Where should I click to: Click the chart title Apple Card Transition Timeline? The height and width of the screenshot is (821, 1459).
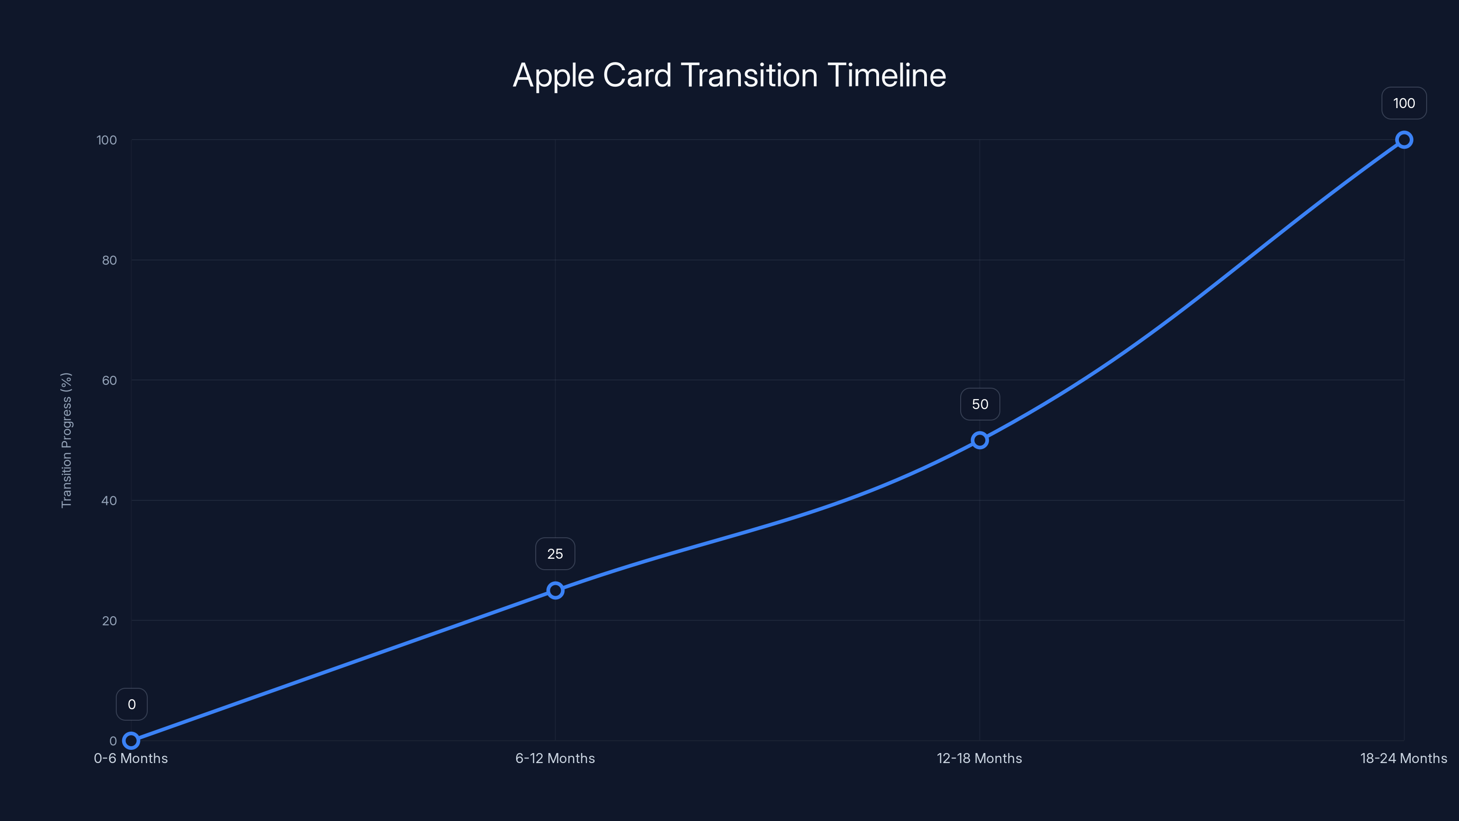[729, 75]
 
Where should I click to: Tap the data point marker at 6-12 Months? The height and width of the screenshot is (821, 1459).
[555, 590]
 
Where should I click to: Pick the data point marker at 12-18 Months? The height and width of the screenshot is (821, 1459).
[979, 440]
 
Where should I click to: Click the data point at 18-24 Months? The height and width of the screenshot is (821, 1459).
[1403, 140]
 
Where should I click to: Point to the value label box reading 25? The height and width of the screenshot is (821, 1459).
[555, 554]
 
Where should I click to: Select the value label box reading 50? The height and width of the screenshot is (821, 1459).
[980, 404]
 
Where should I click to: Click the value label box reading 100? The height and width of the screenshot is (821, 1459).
[1403, 103]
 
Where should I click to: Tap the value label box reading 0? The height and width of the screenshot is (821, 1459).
[131, 704]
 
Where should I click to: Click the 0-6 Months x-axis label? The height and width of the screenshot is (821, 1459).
[131, 758]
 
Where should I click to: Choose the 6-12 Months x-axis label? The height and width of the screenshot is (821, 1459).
[555, 758]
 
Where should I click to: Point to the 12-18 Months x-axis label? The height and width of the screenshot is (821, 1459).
[979, 758]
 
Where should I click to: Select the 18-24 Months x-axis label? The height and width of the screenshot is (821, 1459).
[1403, 758]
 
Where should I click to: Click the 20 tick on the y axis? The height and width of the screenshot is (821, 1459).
[109, 620]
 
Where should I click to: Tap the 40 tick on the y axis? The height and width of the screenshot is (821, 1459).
[109, 500]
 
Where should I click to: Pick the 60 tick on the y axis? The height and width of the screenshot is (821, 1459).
[109, 380]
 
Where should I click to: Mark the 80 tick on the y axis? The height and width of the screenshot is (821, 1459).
[109, 260]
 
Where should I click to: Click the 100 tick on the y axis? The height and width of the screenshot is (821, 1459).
[107, 140]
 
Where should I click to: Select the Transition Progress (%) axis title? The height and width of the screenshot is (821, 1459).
[66, 440]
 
